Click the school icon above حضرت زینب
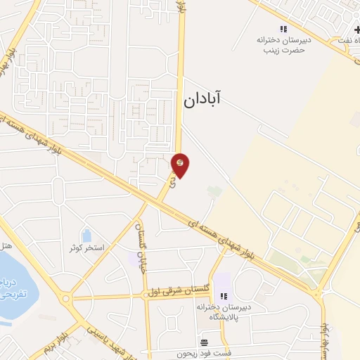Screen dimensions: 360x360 [x=283, y=29]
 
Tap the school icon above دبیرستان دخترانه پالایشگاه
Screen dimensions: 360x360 [x=224, y=297]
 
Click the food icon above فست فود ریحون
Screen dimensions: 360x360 [x=204, y=342]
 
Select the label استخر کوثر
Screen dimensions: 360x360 [x=86, y=248]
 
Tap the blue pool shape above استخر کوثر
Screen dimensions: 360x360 [x=86, y=235]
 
